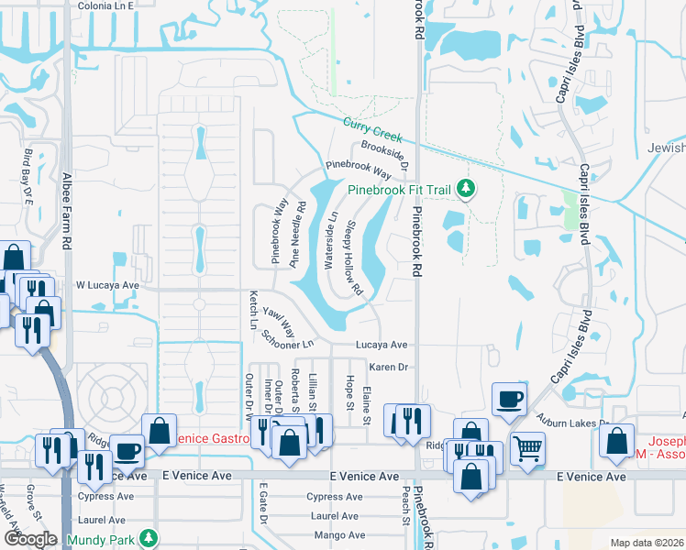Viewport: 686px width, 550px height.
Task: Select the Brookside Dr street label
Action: tap(384, 150)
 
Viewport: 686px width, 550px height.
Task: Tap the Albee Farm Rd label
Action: tap(66, 212)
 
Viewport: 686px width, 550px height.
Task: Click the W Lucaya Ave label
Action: tap(107, 285)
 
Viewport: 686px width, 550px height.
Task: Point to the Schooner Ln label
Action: tap(286, 338)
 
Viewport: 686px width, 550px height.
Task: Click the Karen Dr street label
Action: tap(387, 367)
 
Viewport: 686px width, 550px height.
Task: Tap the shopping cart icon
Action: tap(527, 447)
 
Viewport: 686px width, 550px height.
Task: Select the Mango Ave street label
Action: tap(339, 535)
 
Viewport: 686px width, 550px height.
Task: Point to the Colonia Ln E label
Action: tap(105, 5)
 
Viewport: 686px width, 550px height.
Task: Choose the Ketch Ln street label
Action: tap(253, 310)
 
